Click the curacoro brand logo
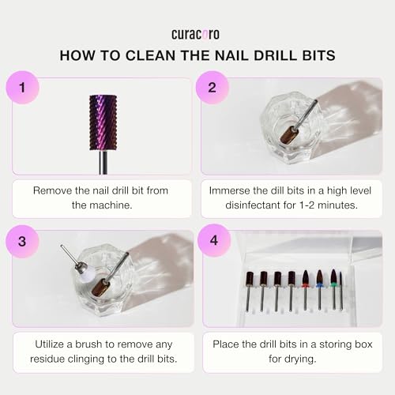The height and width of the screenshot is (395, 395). point(197,35)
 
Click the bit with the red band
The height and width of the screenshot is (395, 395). point(306,280)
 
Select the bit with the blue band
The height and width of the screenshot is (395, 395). point(319,280)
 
